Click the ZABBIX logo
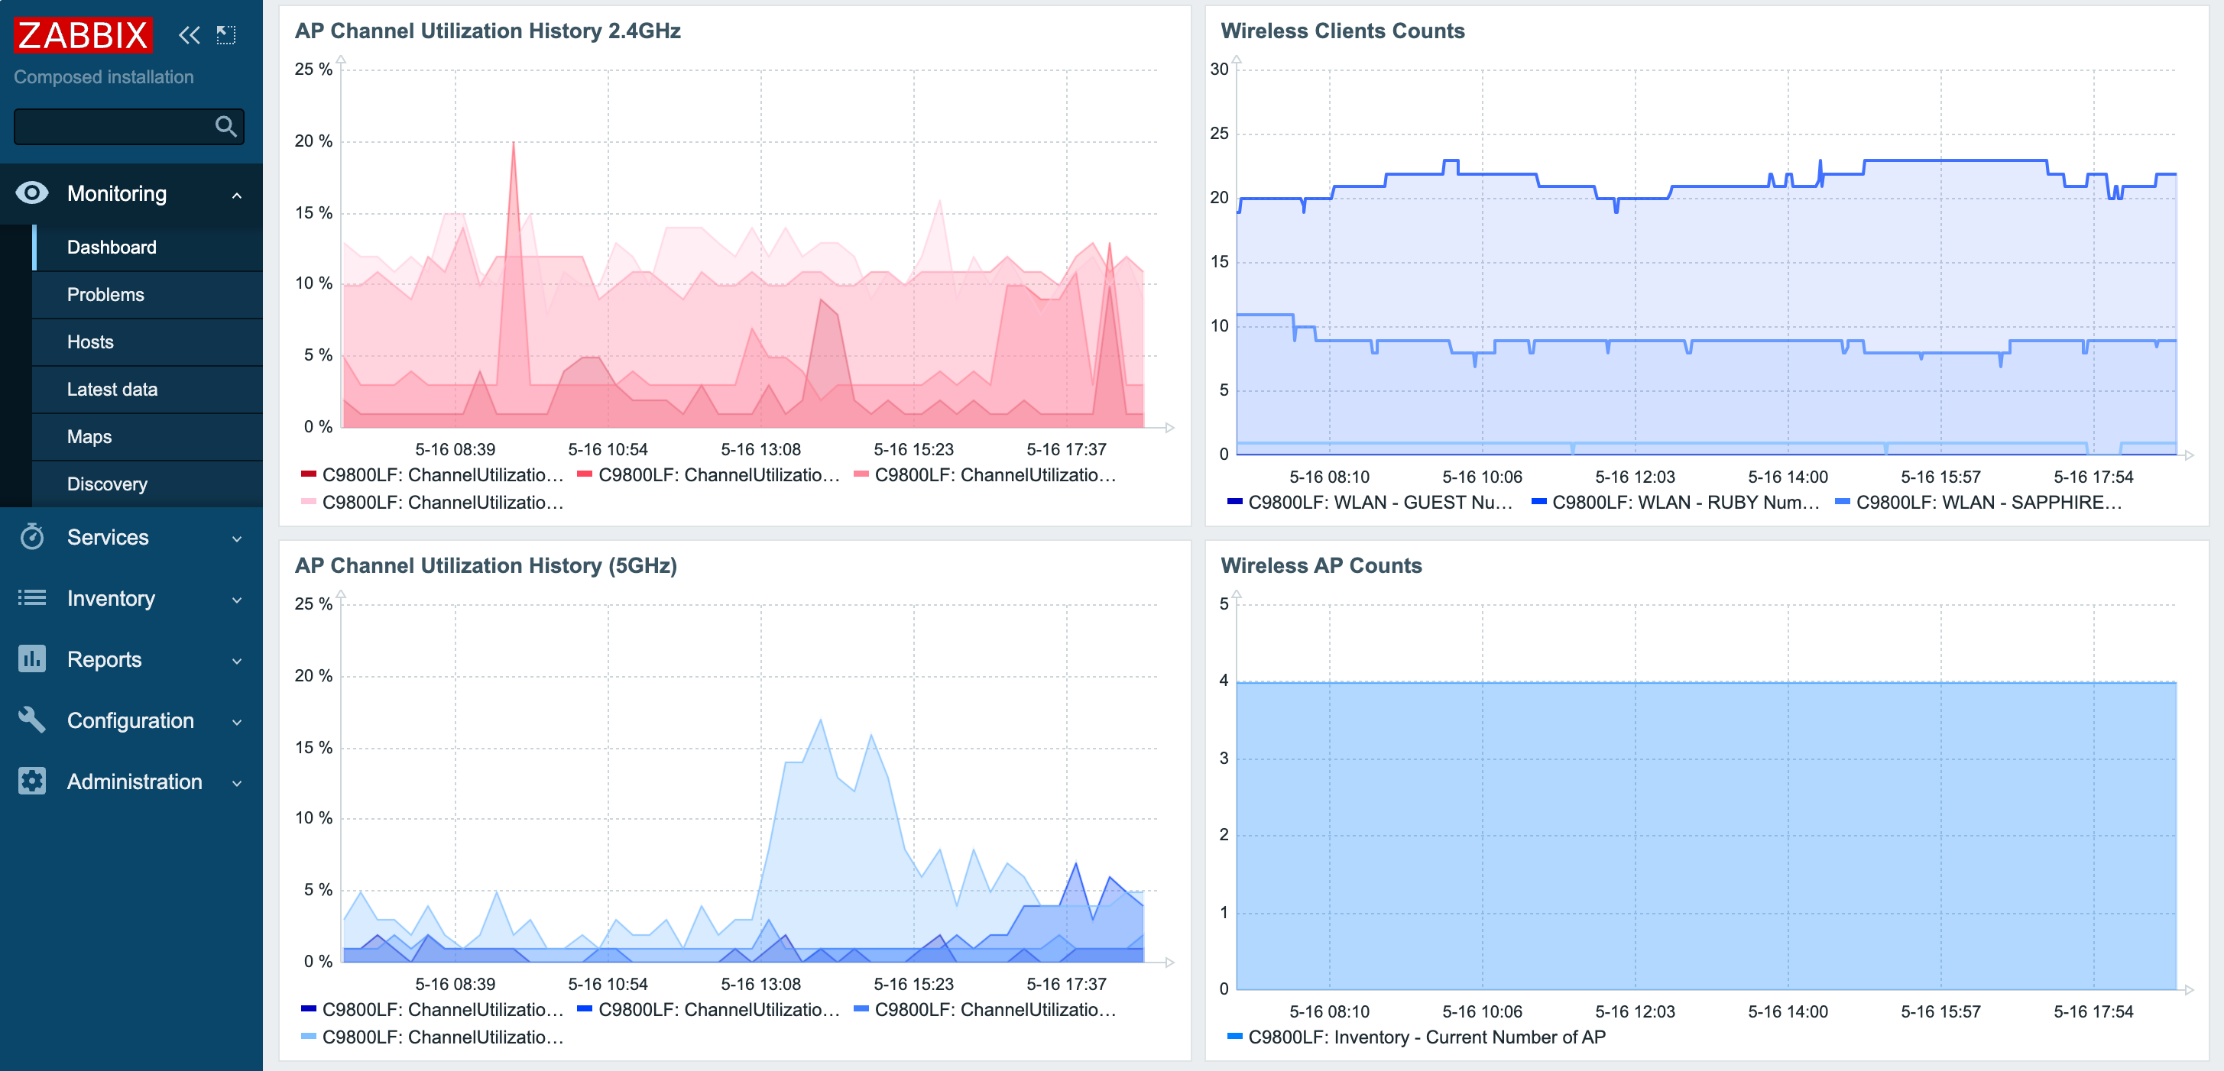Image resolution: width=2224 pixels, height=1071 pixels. click(83, 35)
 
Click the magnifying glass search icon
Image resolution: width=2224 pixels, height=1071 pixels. click(225, 127)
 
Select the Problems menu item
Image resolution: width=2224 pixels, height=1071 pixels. click(105, 294)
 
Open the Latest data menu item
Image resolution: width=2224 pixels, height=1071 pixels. click(112, 390)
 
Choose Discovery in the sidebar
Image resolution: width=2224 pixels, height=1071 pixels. click(107, 484)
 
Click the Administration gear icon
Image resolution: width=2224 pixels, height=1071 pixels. click(32, 781)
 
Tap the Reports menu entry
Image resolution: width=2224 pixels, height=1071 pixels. click(105, 659)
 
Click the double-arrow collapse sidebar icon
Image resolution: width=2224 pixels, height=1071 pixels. click(189, 35)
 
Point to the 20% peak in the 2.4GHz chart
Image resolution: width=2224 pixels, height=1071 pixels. click(514, 144)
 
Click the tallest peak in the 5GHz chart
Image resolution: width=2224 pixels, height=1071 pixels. click(819, 720)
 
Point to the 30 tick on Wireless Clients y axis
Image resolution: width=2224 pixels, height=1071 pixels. click(1218, 69)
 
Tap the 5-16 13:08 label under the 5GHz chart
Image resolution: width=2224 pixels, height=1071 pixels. click(760, 984)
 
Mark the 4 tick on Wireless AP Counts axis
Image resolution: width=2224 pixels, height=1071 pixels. click(1224, 680)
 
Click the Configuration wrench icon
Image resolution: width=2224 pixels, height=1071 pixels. click(32, 720)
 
